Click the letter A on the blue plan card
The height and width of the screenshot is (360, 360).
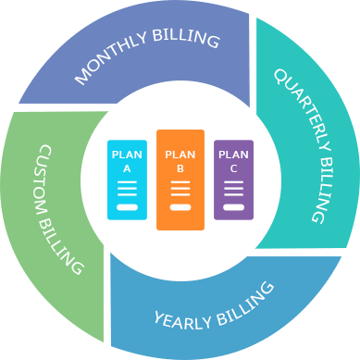[127, 169]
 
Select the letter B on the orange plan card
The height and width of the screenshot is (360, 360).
[180, 170]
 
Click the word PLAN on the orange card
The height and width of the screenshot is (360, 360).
[180, 156]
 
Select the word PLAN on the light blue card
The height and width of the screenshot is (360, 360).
[127, 155]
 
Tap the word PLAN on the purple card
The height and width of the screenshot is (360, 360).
[233, 155]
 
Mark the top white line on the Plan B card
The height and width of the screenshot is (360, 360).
[180, 185]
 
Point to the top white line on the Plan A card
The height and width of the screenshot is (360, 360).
[127, 183]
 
